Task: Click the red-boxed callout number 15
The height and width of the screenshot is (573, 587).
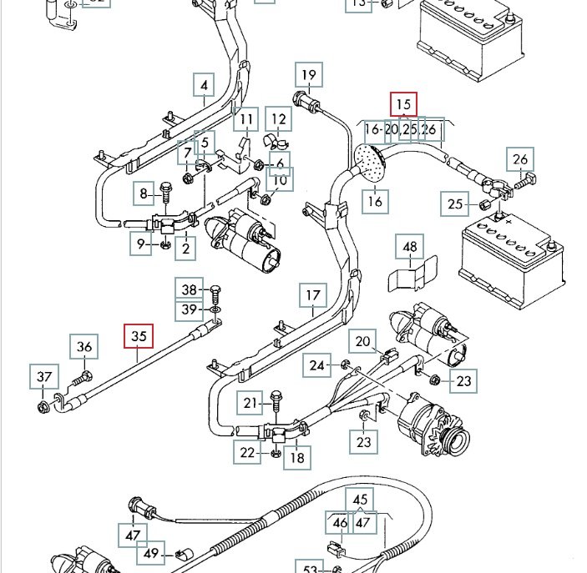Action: [x=404, y=105]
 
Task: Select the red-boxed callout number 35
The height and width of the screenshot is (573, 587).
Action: [x=139, y=336]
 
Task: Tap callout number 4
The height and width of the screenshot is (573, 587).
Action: [x=204, y=85]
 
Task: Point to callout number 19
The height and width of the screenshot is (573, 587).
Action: [x=309, y=76]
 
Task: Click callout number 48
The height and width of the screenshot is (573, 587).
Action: [x=410, y=247]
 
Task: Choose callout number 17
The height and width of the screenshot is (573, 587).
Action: [x=312, y=295]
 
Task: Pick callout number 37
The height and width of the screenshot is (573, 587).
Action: [x=43, y=378]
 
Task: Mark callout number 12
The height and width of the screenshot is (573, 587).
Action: [x=279, y=120]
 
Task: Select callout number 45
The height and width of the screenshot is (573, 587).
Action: [x=361, y=498]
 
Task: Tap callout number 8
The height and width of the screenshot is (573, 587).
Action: [x=144, y=194]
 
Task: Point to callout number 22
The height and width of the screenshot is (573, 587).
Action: [x=247, y=452]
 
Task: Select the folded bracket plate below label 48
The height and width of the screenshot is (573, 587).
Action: [x=413, y=275]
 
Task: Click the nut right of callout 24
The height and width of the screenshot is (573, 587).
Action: [x=344, y=364]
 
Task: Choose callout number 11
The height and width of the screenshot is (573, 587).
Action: [x=245, y=121]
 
